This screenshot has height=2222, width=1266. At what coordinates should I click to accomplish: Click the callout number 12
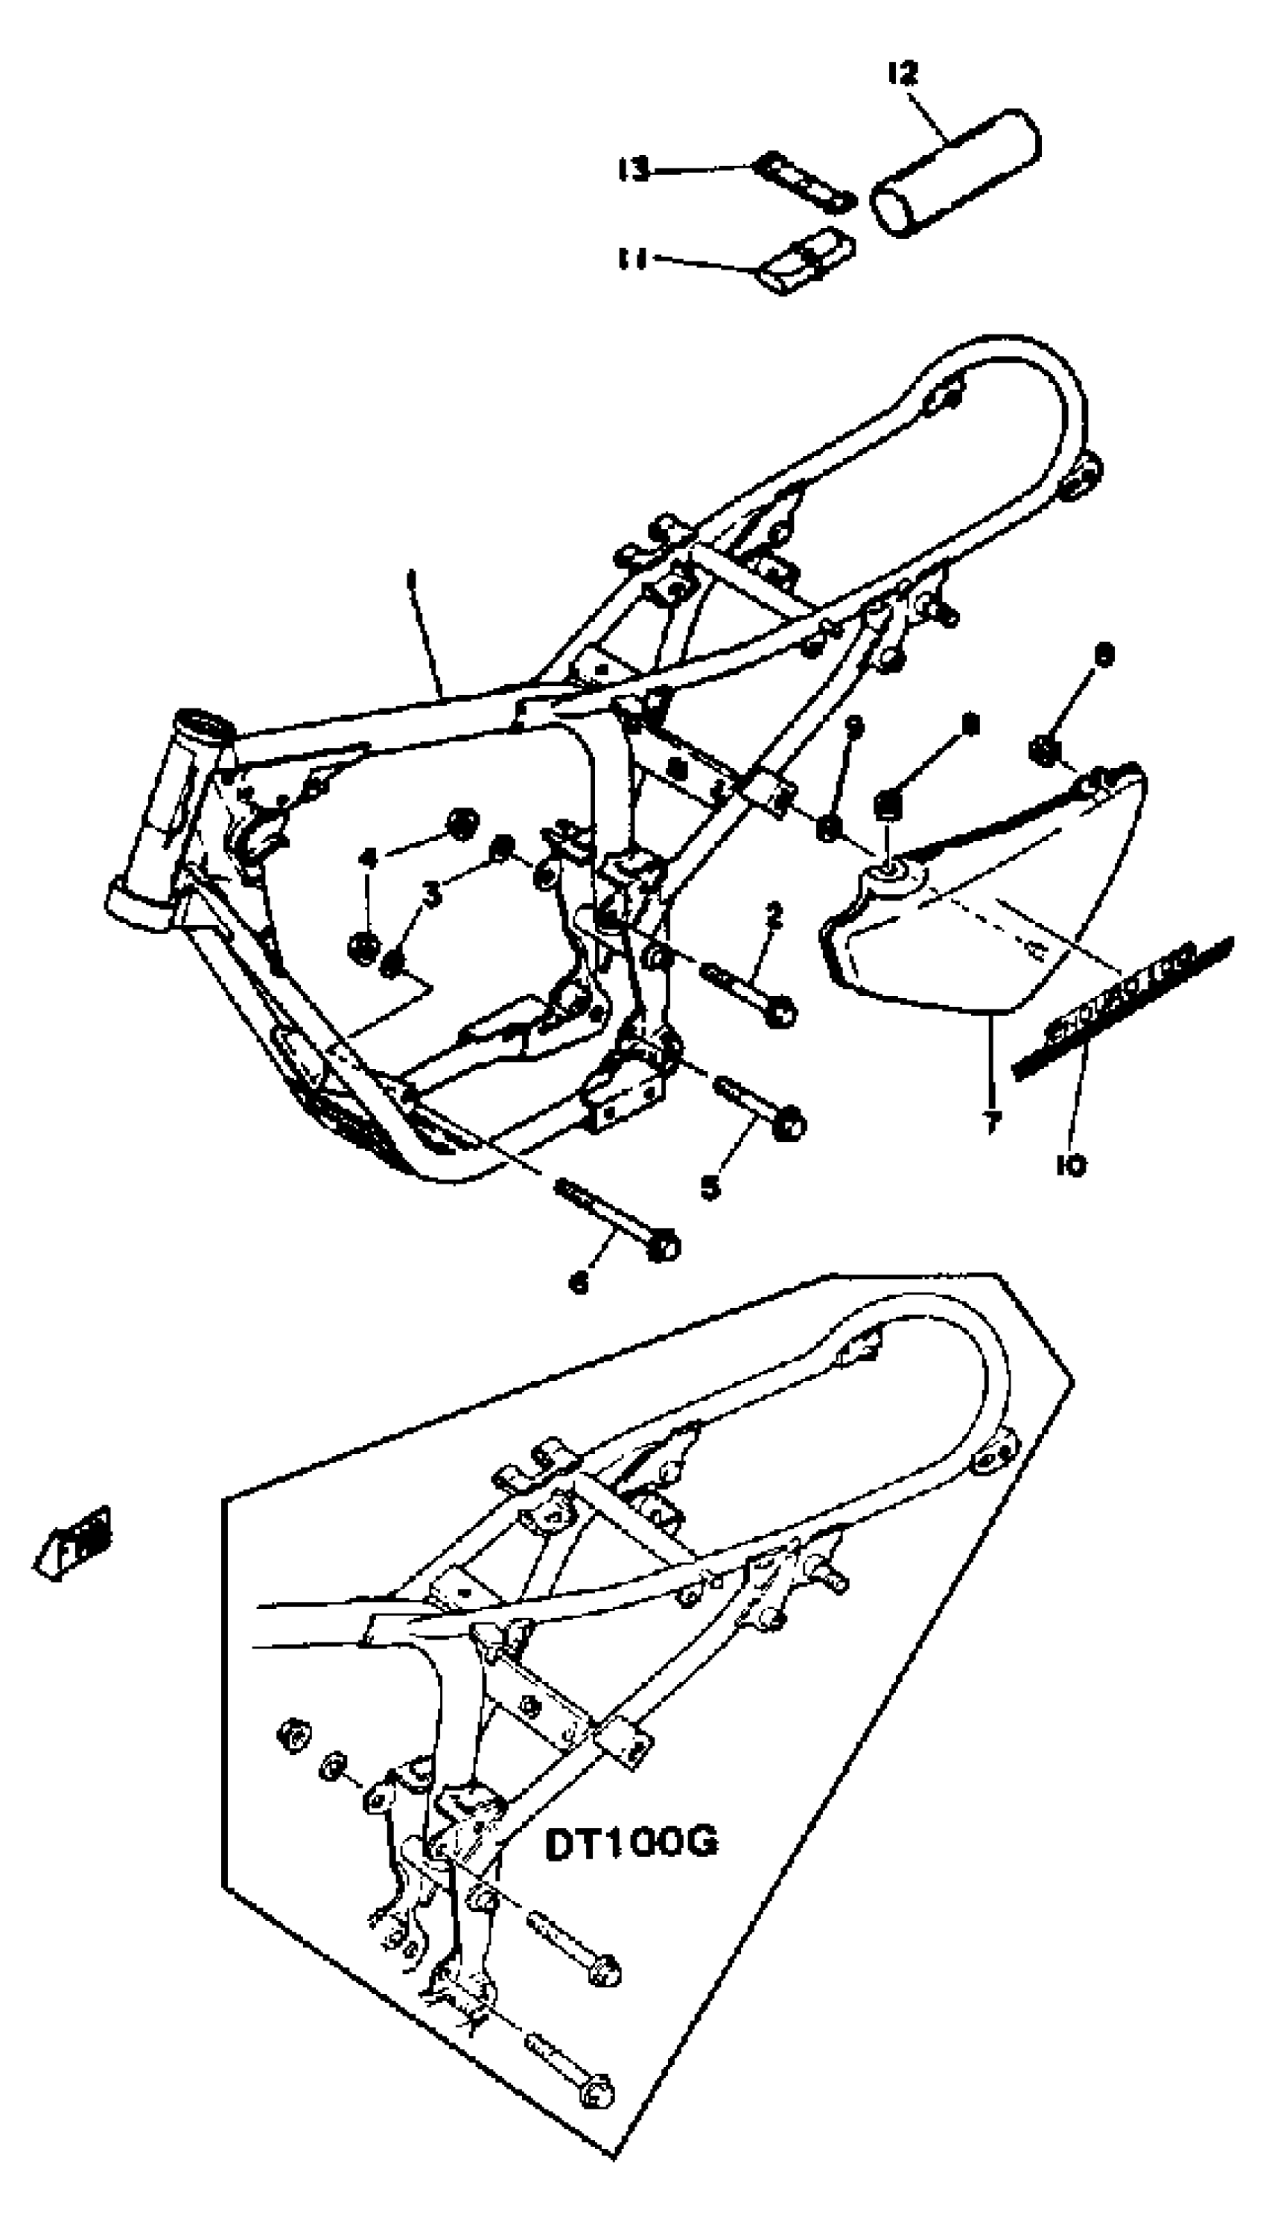(903, 74)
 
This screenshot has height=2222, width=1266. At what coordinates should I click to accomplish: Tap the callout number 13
(634, 168)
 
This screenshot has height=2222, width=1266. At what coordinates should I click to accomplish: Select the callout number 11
(633, 258)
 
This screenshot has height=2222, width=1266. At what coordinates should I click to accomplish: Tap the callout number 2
(773, 914)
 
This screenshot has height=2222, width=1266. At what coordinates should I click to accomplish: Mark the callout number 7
(990, 1123)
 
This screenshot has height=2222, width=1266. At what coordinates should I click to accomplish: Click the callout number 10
(1071, 1164)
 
